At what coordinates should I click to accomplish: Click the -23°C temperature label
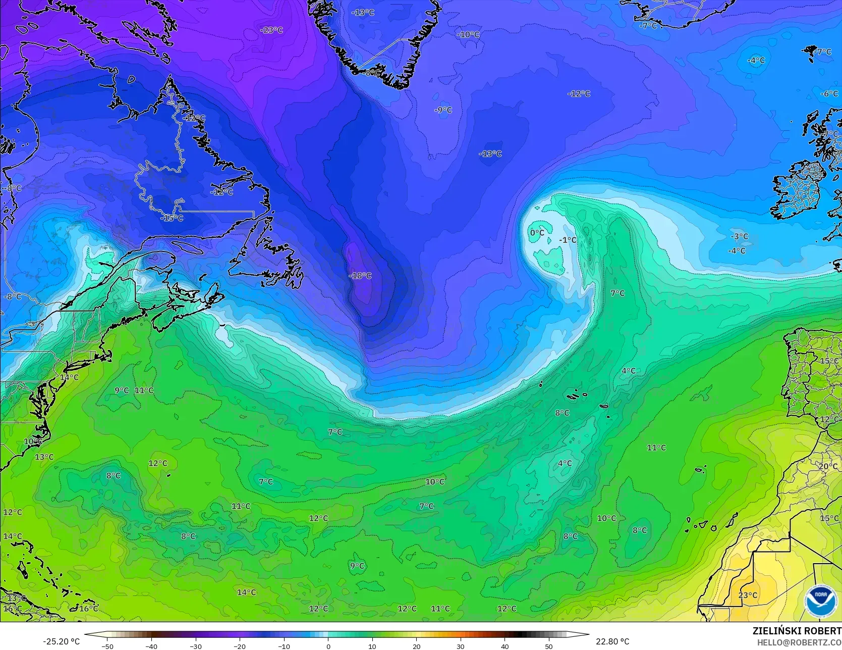pyautogui.click(x=271, y=30)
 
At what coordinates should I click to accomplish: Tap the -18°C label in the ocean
pyautogui.click(x=360, y=276)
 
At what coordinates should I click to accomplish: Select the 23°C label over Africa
pyautogui.click(x=748, y=595)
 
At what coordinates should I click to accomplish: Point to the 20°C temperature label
pyautogui.click(x=827, y=466)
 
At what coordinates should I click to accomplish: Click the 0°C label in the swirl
pyautogui.click(x=537, y=232)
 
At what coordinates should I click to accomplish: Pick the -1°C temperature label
pyautogui.click(x=568, y=240)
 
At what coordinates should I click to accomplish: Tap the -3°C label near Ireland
pyautogui.click(x=740, y=236)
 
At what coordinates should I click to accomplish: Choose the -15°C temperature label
pyautogui.click(x=172, y=218)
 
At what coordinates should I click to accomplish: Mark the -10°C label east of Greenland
pyautogui.click(x=468, y=34)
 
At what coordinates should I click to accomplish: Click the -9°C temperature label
pyautogui.click(x=443, y=110)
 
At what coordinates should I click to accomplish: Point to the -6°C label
pyautogui.click(x=828, y=94)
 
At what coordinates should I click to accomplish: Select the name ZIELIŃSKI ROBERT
pyautogui.click(x=797, y=631)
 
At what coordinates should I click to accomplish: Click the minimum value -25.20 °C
pyautogui.click(x=61, y=641)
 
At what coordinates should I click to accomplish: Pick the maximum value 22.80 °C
pyautogui.click(x=612, y=641)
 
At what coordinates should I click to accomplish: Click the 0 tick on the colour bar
pyautogui.click(x=328, y=646)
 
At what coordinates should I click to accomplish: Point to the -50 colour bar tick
pyautogui.click(x=107, y=646)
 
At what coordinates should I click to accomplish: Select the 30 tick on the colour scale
pyautogui.click(x=461, y=646)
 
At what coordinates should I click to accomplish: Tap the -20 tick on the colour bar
pyautogui.click(x=240, y=646)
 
